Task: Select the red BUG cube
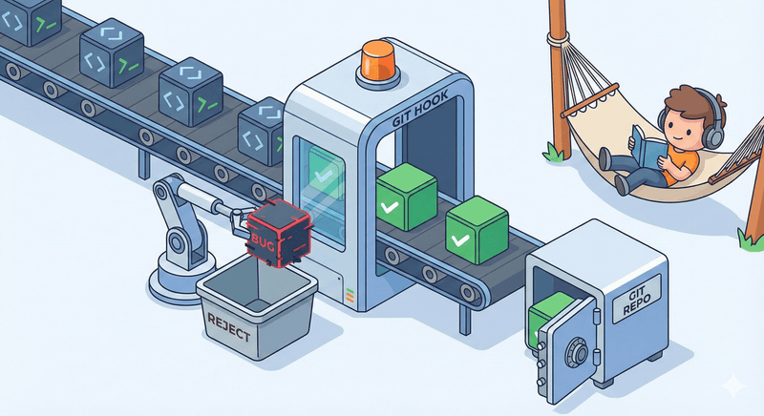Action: [x=275, y=233]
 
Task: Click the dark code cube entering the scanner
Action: [x=261, y=134]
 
